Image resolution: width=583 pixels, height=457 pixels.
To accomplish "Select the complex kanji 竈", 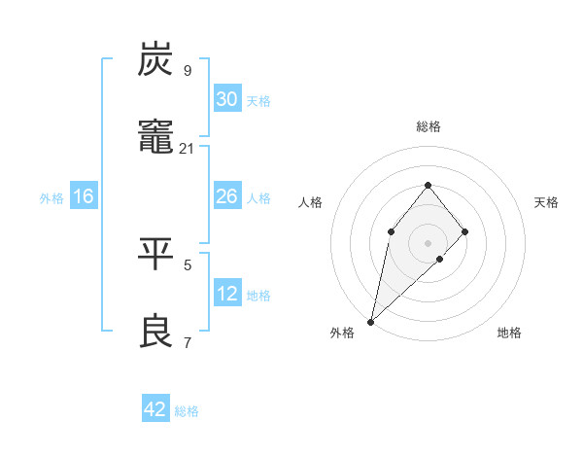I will [x=156, y=141].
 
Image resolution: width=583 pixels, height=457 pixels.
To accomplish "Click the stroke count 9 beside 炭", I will [x=188, y=70].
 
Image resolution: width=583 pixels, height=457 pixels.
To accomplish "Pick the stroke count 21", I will [x=188, y=149].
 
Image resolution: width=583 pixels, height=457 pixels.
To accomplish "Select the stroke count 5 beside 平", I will [x=188, y=264].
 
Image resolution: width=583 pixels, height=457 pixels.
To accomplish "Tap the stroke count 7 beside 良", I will [x=188, y=342].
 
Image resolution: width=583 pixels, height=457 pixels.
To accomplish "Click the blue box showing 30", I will [x=227, y=99].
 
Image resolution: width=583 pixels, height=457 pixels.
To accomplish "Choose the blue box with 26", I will [x=227, y=196].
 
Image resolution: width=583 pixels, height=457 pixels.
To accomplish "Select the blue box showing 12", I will [x=227, y=294].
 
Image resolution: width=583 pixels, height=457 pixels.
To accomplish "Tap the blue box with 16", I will [x=84, y=196].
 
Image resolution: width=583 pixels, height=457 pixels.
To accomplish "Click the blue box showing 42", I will [x=155, y=409].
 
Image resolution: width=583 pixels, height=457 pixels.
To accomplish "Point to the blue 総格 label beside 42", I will [x=187, y=411].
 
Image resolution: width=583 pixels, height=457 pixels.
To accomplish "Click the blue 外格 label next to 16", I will [x=51, y=198].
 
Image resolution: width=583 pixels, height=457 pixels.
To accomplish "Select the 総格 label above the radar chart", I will [x=428, y=126].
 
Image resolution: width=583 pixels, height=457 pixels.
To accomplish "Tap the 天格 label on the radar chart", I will [x=546, y=202].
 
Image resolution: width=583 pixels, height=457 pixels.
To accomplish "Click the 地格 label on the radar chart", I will [x=509, y=333].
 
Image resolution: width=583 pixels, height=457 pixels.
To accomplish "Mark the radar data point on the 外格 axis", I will [x=370, y=322].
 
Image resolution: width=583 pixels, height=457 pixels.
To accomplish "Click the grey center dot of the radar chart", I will [x=428, y=243].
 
